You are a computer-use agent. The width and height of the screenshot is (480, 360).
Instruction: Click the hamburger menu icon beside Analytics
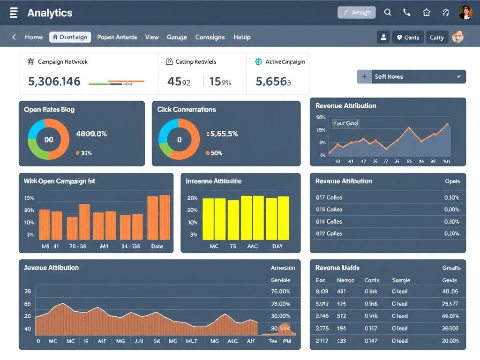14,13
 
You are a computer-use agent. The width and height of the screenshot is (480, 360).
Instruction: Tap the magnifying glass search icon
388,13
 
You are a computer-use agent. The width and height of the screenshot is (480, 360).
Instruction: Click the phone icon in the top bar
407,13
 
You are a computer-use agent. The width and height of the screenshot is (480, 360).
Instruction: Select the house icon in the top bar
427,13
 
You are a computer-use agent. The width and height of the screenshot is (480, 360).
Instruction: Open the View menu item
152,37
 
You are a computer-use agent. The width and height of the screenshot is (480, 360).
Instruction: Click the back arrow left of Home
14,37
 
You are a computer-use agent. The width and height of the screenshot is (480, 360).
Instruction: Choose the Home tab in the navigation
34,37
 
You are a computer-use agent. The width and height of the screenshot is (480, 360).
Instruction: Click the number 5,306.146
54,82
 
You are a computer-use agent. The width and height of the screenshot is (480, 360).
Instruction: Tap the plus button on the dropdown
364,76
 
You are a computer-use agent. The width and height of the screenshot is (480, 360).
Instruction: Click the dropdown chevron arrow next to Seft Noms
458,76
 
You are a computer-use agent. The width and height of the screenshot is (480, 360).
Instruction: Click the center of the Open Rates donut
49,139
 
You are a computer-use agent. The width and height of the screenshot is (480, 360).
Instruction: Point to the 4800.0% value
91,134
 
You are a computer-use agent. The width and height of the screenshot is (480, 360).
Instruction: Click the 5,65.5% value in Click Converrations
224,134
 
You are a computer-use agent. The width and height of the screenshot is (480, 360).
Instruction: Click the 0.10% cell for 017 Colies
451,197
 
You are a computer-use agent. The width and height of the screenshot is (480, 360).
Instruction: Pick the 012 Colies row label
329,233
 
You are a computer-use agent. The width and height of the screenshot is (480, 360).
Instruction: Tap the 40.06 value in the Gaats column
450,291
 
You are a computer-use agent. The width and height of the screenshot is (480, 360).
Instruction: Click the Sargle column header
401,280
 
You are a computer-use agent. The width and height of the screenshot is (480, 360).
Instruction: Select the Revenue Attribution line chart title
346,106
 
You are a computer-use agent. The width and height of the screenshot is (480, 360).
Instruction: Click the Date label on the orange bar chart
157,246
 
